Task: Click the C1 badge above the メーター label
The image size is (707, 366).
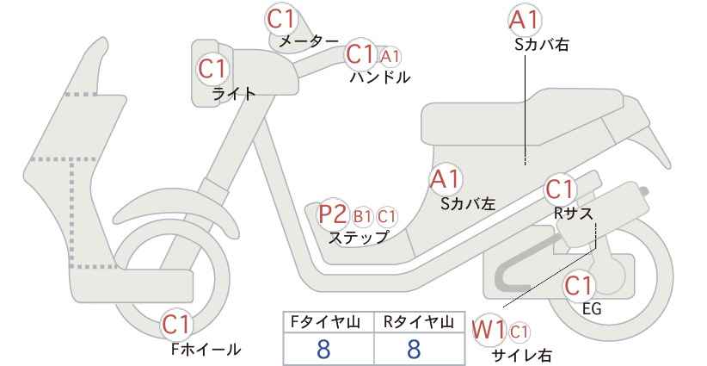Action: pos(280,19)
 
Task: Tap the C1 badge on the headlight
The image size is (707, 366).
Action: pos(213,70)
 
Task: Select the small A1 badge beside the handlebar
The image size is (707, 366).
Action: pos(390,57)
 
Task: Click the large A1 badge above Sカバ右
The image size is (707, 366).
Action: pos(525,20)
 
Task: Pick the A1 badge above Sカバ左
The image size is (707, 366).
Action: pos(446,179)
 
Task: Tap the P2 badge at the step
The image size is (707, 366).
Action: pos(334,214)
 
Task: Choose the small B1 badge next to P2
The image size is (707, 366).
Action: pos(363,217)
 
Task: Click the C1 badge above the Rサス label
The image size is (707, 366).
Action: pos(561,189)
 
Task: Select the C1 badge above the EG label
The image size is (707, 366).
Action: pos(579,286)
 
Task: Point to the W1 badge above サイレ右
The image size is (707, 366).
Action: pos(489,331)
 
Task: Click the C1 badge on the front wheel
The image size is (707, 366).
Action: pos(178,325)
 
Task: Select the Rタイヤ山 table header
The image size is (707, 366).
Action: pos(419,322)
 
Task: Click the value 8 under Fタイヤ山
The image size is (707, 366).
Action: pos(323,349)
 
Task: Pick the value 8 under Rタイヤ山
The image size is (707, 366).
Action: pos(413,349)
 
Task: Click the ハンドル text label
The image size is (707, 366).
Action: pos(380,78)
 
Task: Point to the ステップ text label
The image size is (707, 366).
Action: pos(358,238)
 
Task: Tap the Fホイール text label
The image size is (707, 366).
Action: pos(206,349)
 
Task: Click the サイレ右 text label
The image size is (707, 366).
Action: pos(522,355)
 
